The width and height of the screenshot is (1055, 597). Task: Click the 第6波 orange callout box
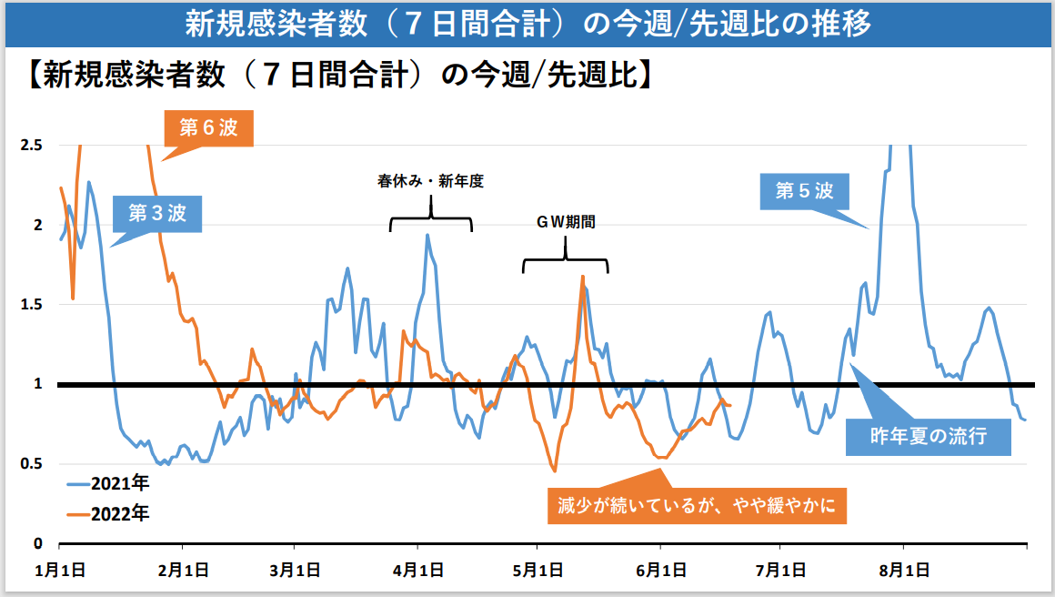[x=208, y=128]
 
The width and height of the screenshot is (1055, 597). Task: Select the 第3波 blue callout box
[x=156, y=214]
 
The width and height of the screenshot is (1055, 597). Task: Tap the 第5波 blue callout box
[x=804, y=192]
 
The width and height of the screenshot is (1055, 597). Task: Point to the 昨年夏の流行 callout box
[x=929, y=436]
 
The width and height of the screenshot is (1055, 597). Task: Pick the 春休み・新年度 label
[x=430, y=181]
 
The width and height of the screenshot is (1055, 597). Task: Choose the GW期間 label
[x=566, y=222]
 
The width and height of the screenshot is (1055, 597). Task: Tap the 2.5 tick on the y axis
[x=32, y=145]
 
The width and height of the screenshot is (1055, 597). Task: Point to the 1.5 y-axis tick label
[x=32, y=304]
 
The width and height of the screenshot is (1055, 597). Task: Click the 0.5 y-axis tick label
[x=32, y=464]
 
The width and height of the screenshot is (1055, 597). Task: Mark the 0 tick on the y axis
[x=38, y=544]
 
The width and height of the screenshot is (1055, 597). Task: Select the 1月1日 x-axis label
[x=60, y=571]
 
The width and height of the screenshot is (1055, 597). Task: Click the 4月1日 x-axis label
[x=417, y=571]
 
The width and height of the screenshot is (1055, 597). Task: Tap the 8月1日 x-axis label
[x=903, y=571]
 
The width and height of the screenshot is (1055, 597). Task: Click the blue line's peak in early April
[x=427, y=235]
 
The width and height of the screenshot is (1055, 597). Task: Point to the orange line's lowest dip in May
[x=554, y=471]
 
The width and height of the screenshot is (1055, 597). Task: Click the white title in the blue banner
[x=527, y=23]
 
